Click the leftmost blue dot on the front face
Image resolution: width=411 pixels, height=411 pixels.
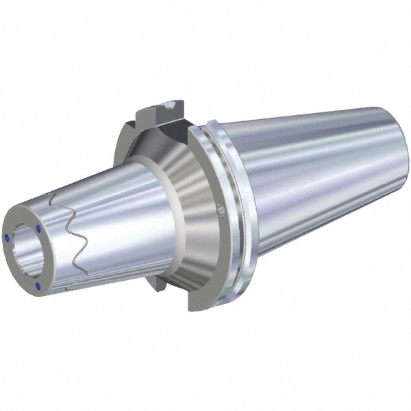click(x=8, y=236)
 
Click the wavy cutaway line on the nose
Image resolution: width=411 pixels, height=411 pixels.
click(x=73, y=236)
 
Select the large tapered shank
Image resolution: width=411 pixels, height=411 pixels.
click(x=315, y=178)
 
